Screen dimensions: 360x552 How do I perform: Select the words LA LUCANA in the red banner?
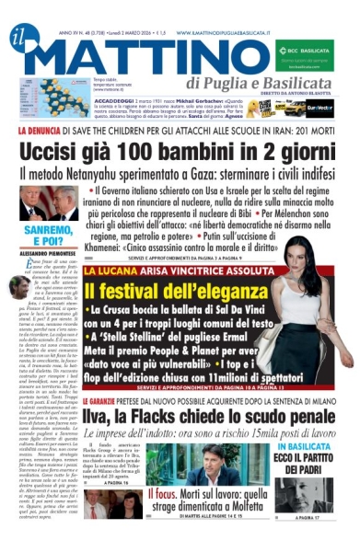[104, 272]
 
